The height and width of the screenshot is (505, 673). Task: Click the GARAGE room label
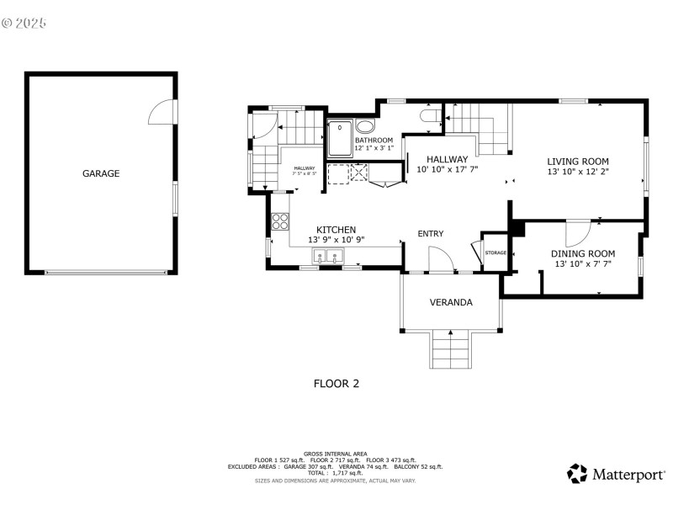[100, 174]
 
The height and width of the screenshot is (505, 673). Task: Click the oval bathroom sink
[365, 127]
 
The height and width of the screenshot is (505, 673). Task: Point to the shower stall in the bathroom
[339, 139]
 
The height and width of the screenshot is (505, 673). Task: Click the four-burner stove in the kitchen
[280, 222]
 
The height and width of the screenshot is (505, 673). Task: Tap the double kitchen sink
[327, 259]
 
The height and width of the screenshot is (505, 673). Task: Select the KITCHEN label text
[336, 230]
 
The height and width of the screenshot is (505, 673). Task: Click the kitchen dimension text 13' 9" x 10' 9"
[336, 240]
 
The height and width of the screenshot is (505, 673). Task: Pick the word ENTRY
[431, 234]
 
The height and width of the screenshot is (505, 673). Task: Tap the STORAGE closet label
[495, 252]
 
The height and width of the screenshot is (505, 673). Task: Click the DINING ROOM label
[583, 253]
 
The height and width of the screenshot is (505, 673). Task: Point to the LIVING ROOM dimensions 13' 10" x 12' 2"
[577, 172]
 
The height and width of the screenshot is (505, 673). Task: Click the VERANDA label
[451, 302]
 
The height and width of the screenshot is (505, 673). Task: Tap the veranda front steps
[451, 349]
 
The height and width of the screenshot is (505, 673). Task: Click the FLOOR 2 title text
[336, 383]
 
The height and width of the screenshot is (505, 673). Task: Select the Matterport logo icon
[577, 474]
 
